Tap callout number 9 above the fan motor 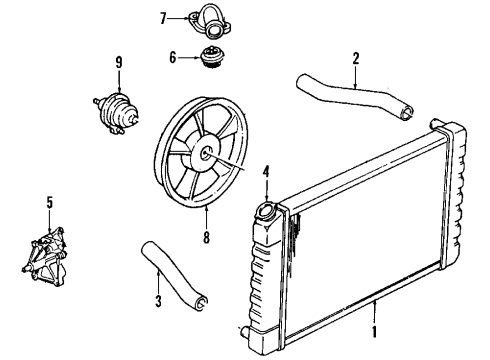point(119,63)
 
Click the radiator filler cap point(268,211)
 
